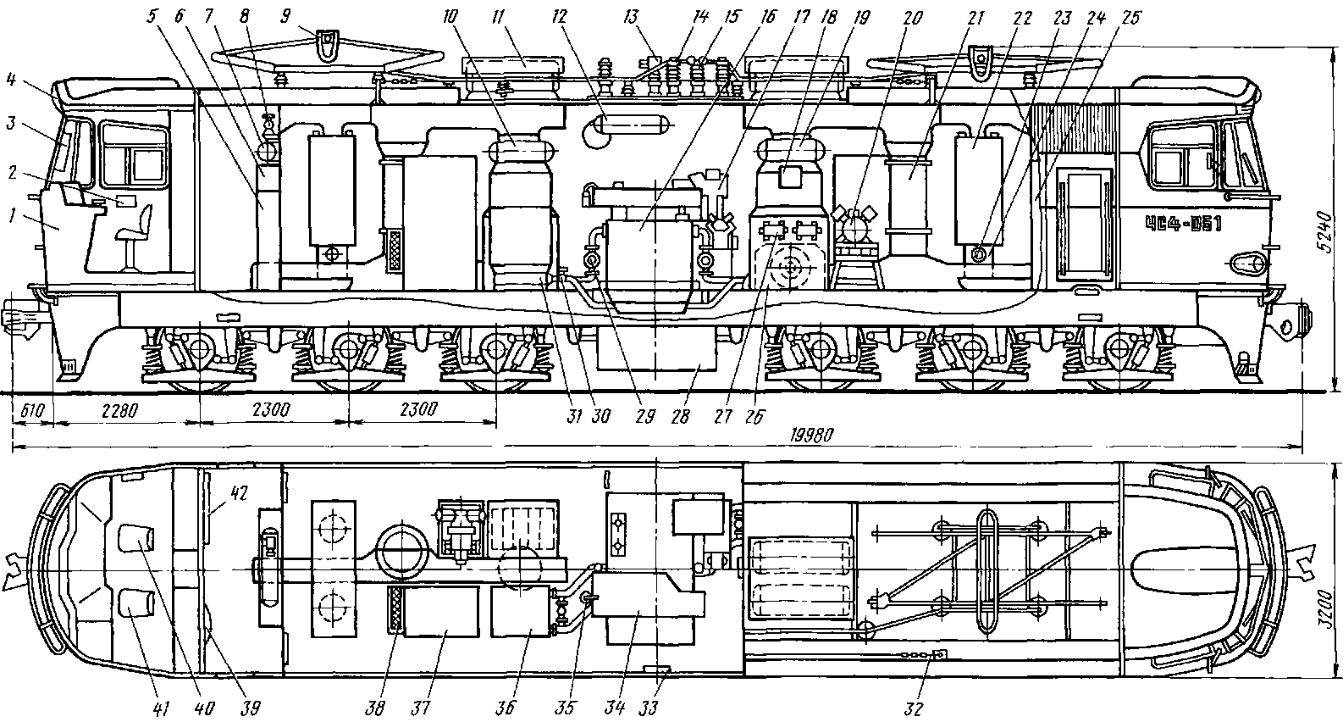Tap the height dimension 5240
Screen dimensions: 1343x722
(x=1325, y=233)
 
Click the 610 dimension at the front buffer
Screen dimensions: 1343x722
(x=32, y=411)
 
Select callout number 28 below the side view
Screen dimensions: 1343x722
(x=680, y=417)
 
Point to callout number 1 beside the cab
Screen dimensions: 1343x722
(x=12, y=215)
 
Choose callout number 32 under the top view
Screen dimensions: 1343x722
(x=913, y=708)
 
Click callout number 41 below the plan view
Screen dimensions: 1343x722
(x=159, y=708)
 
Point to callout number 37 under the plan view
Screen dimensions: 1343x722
(x=420, y=708)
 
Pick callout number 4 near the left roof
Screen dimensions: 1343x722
(x=11, y=79)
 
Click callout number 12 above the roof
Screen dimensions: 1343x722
(x=559, y=16)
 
